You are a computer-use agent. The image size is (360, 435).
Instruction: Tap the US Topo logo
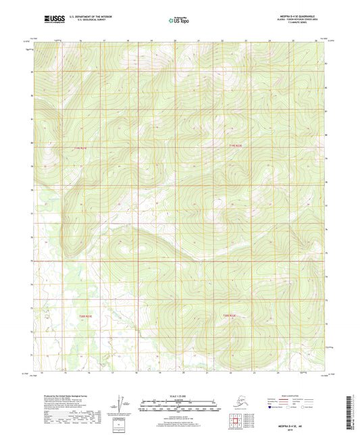click(x=179, y=21)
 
